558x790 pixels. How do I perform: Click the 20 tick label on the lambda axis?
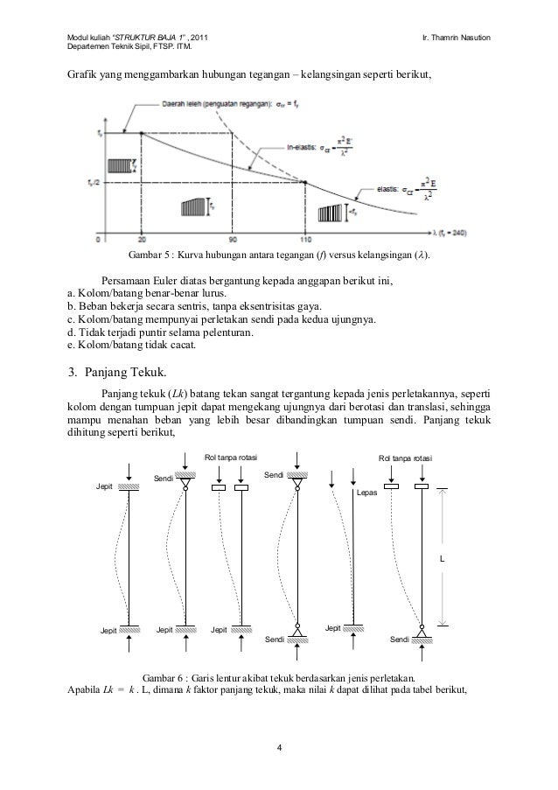point(141,239)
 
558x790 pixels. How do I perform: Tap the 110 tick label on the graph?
point(305,239)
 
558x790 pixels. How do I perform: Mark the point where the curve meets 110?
point(305,182)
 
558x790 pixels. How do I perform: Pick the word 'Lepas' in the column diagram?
point(366,493)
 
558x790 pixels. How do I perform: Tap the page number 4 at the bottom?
point(279,746)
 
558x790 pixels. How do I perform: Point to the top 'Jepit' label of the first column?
point(107,486)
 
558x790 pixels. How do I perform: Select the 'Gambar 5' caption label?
point(150,257)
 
